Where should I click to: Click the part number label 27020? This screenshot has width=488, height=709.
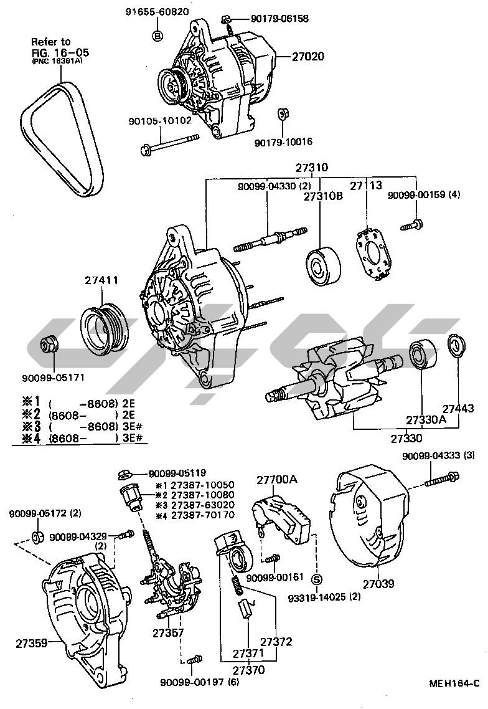[x=309, y=56]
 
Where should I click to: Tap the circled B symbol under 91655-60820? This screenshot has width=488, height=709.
[x=157, y=36]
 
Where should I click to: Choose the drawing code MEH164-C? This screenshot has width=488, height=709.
[x=453, y=683]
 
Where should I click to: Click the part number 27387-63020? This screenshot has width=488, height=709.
[x=194, y=505]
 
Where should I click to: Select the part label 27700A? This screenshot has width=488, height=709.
[x=276, y=479]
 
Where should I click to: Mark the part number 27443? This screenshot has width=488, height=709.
[x=458, y=409]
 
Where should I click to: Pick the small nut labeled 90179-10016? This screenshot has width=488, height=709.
[x=282, y=114]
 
